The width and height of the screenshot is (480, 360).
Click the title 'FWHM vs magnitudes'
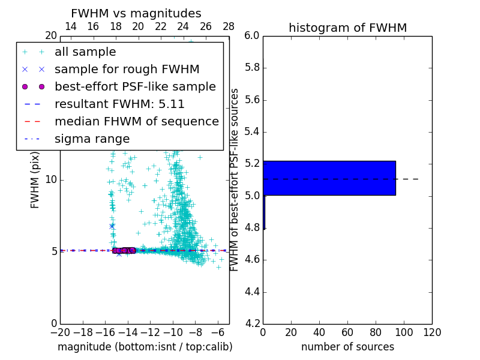(x=136, y=13)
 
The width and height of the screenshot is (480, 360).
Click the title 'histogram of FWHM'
(x=347, y=28)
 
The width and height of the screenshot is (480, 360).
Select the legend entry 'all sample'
(x=85, y=52)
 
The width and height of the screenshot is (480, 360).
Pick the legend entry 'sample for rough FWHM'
(x=127, y=69)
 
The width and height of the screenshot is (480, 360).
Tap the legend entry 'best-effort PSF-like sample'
(x=135, y=86)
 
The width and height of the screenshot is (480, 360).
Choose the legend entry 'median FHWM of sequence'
(x=136, y=121)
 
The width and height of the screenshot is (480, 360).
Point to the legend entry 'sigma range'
(x=92, y=139)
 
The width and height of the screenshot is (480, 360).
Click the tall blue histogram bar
(x=329, y=178)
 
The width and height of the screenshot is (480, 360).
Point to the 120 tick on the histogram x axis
(x=432, y=332)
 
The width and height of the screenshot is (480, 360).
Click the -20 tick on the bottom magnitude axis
(x=60, y=332)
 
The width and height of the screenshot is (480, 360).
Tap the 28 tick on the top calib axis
(x=229, y=26)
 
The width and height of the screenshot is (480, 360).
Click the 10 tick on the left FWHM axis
(x=50, y=179)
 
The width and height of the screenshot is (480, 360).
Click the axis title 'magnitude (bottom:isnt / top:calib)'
(x=145, y=347)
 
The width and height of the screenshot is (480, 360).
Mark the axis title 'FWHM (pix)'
(x=35, y=179)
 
